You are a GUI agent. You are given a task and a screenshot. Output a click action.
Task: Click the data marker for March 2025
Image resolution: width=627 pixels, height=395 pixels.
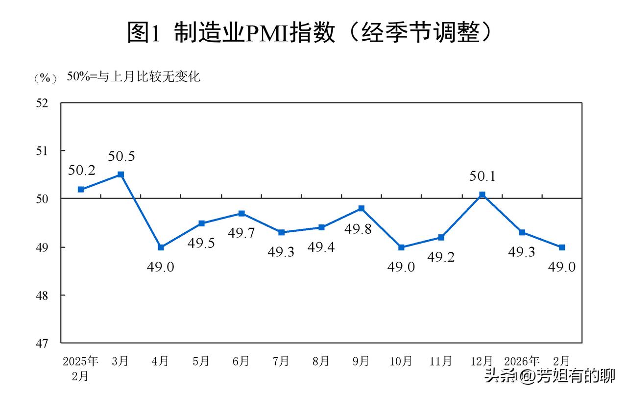tap(121, 174)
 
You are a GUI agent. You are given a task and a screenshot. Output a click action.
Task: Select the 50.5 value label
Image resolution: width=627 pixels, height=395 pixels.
tap(121, 157)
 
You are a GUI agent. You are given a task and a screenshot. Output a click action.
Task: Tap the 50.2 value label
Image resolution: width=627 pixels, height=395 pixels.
tap(81, 171)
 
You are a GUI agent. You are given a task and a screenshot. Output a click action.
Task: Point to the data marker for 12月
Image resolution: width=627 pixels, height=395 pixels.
tap(482, 195)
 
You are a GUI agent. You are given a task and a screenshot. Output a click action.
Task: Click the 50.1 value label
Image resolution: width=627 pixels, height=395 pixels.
tap(482, 176)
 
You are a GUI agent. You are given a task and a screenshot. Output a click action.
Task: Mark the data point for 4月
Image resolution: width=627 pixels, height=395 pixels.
tap(161, 247)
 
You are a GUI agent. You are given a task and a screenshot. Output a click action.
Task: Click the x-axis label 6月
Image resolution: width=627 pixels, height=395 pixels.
tap(241, 362)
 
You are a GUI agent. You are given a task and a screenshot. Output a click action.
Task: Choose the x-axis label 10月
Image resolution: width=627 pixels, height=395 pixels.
tap(401, 362)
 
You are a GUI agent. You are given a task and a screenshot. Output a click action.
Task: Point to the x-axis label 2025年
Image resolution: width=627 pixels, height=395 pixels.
tap(81, 362)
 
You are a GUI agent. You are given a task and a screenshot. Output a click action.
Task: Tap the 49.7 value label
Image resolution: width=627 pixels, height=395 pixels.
tap(241, 233)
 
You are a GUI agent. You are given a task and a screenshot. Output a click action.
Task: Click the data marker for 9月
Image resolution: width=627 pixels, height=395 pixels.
tap(362, 208)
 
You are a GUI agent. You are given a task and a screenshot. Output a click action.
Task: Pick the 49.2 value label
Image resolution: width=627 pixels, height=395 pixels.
tap(441, 257)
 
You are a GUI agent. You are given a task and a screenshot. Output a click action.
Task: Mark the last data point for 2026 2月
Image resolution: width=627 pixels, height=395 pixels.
tap(562, 247)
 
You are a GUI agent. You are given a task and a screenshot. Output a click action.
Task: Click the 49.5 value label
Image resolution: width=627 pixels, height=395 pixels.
tap(201, 243)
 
